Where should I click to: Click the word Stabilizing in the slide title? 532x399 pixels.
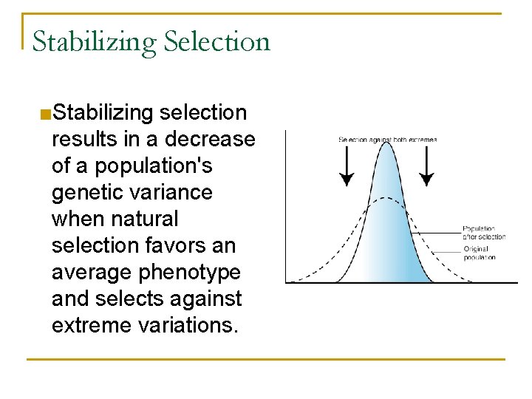tap(95, 42)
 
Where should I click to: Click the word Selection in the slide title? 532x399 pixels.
tap(217, 41)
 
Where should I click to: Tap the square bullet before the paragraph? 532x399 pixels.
tap(45, 114)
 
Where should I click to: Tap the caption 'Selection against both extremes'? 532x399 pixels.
tap(387, 139)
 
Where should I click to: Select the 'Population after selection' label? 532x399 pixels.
tap(484, 233)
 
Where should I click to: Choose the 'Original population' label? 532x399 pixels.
tap(480, 253)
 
